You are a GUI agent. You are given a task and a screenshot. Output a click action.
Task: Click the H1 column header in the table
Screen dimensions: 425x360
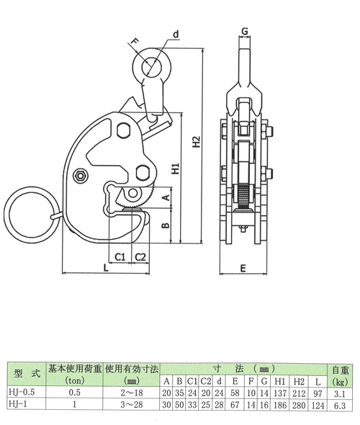280,381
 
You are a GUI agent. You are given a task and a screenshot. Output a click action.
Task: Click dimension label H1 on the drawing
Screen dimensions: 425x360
175,170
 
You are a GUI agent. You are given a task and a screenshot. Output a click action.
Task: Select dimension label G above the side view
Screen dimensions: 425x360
246,31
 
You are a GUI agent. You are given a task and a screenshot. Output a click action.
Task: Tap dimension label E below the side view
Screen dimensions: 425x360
244,267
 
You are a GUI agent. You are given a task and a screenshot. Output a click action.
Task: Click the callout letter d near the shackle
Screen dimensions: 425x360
176,33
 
